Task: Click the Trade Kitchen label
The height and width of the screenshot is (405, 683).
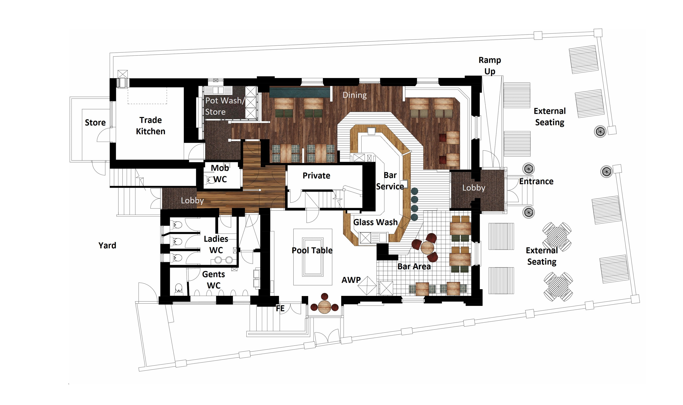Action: coord(151,126)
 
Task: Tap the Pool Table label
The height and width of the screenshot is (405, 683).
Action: coord(312,250)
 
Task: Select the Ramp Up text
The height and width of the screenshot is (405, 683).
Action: coord(490,66)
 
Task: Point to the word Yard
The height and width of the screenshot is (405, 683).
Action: coord(107,245)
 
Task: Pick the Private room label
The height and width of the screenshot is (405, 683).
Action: coord(316,176)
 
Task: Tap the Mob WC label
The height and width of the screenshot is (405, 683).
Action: coord(219,174)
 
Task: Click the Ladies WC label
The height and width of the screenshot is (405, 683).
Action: coord(216,244)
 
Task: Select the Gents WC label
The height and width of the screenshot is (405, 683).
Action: coord(214,280)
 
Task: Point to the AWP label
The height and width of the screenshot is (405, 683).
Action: coord(351,280)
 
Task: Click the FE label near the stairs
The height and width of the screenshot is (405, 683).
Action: coord(280,308)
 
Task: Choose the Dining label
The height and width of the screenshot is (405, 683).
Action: coord(355,95)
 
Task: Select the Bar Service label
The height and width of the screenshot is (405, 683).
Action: coord(390,181)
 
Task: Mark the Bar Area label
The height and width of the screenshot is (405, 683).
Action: coord(414,266)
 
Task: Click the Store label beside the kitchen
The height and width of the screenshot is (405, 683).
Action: coord(95,123)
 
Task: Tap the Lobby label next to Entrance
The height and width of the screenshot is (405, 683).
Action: coord(474,188)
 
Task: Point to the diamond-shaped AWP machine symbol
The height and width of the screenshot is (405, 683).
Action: coord(367,286)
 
